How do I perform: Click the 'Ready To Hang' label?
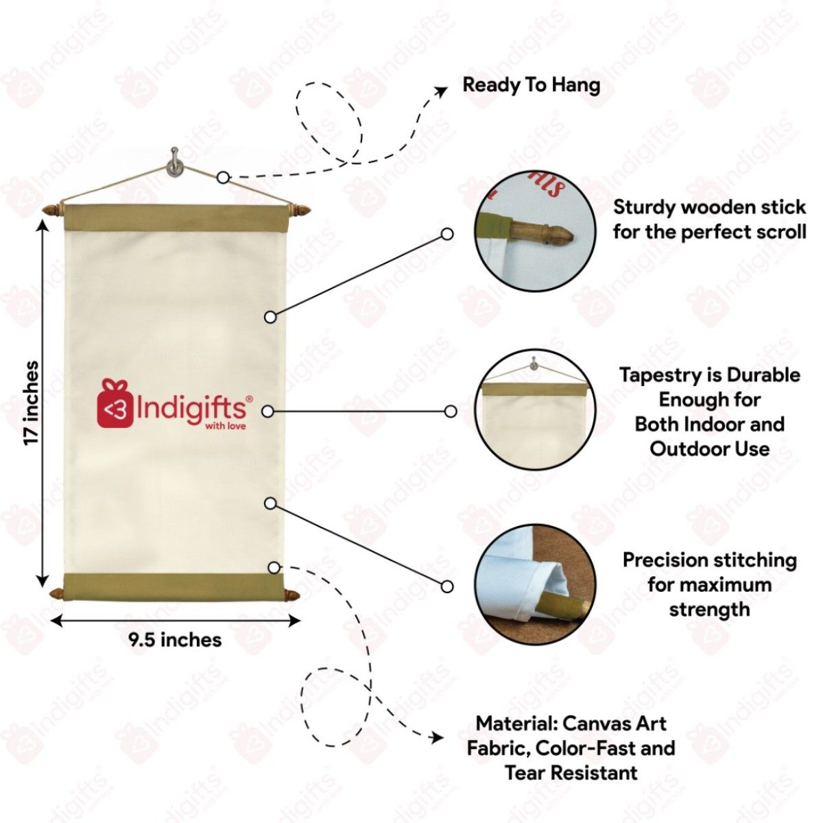click(532, 85)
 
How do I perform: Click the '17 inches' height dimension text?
click(32, 403)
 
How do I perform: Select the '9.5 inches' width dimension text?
click(175, 640)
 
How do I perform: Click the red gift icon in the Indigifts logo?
click(115, 405)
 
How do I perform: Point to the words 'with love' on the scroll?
click(226, 426)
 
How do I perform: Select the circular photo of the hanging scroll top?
click(536, 410)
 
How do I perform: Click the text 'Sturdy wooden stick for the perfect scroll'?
click(709, 219)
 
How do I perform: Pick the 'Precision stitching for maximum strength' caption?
click(709, 584)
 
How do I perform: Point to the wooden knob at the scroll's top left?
click(52, 208)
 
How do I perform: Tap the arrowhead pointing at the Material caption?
click(436, 739)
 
